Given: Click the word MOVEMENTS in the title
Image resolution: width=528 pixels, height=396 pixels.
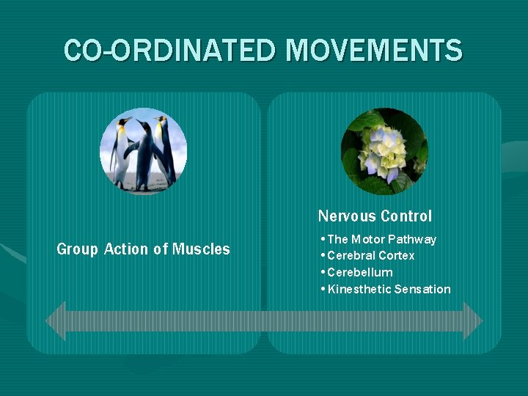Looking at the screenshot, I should (374, 51).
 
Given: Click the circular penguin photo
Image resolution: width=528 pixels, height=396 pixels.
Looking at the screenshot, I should (144, 150).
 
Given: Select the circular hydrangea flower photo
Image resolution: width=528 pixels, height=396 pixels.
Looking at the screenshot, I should (384, 150).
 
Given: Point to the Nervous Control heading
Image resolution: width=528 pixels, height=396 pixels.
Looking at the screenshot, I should (375, 216).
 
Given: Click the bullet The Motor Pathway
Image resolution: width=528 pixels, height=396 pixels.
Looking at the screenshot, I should (381, 239).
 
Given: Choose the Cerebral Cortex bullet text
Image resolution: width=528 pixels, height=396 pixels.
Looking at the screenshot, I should (370, 256).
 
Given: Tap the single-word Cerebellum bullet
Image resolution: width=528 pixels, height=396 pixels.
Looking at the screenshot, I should (359, 272).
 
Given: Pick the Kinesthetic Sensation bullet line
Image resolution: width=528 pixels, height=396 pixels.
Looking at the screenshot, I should (389, 289).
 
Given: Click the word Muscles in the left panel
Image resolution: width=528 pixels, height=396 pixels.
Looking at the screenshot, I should (201, 249).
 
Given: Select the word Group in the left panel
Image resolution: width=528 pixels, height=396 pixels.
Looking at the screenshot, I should (77, 249).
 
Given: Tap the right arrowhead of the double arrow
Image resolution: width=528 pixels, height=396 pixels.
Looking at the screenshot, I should (473, 320).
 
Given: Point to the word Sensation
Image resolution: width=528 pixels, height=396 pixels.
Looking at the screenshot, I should (422, 289).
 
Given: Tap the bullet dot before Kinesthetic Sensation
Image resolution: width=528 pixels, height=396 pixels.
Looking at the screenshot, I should (323, 289).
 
